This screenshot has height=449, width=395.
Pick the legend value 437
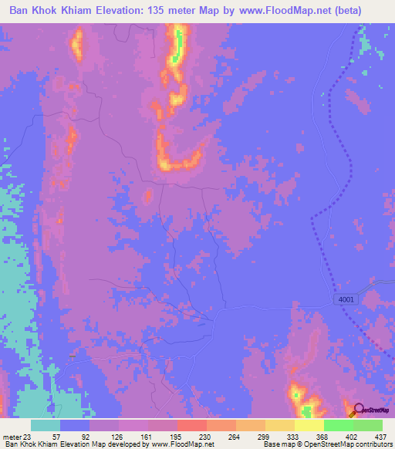coord(382,436)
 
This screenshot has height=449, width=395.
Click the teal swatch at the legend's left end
coord(46,425)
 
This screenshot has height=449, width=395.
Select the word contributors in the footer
coord(369,444)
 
